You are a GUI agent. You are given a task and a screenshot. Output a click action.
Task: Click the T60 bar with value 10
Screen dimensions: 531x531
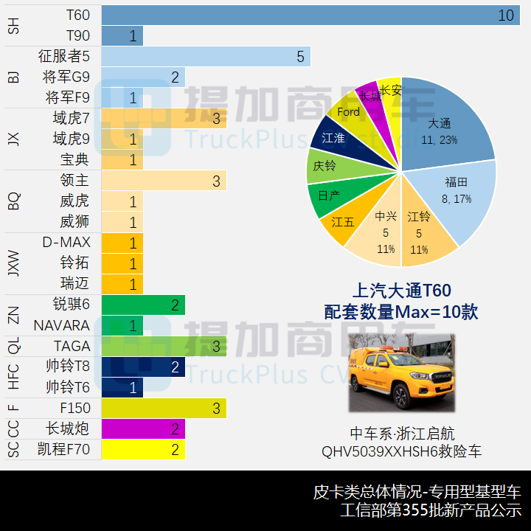(310, 15)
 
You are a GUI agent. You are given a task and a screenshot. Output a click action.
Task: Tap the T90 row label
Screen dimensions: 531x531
(77, 36)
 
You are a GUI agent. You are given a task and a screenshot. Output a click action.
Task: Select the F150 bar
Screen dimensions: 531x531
(163, 408)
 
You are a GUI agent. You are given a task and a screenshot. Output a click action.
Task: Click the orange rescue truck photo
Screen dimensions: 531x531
(402, 372)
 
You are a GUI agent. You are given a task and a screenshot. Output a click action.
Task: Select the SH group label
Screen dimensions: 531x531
(13, 26)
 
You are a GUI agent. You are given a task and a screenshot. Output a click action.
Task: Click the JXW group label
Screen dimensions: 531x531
(13, 263)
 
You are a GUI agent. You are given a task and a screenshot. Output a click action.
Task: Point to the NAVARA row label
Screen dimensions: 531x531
(61, 325)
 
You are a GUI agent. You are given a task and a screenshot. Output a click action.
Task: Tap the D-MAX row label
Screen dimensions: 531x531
(66, 243)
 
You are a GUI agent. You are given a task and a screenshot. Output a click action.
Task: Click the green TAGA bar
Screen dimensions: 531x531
(163, 346)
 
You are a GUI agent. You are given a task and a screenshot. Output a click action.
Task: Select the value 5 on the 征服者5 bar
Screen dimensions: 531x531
(300, 57)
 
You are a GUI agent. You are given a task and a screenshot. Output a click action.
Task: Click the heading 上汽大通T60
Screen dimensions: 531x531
(401, 291)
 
